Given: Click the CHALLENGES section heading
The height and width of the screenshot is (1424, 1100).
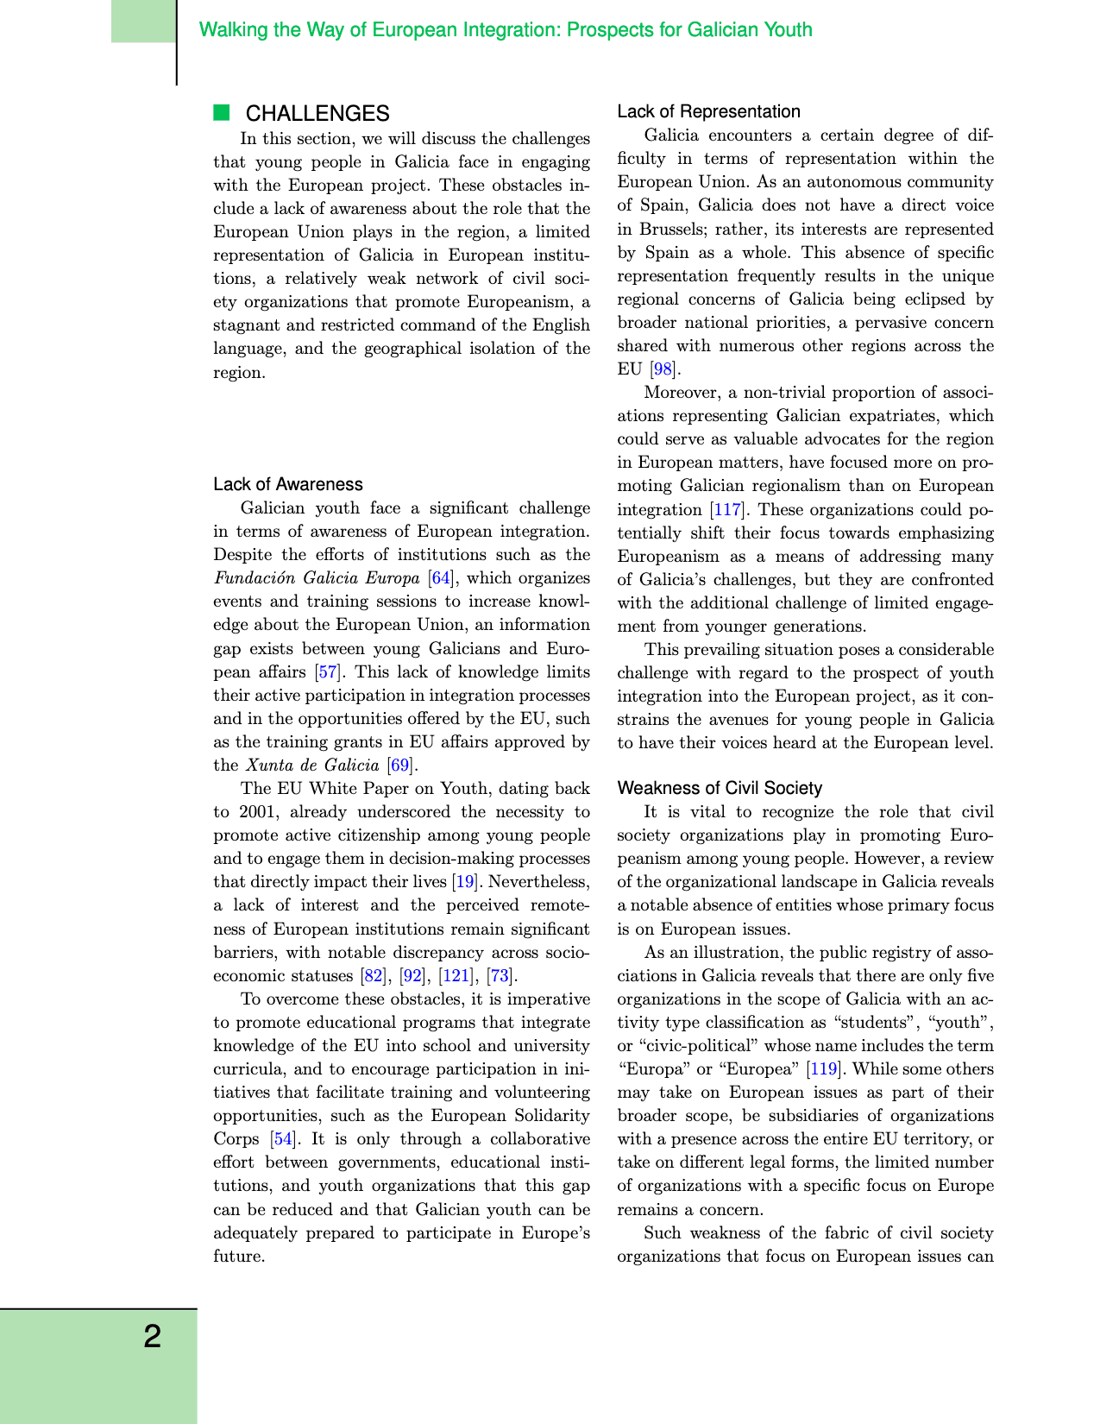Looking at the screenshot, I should click(317, 114).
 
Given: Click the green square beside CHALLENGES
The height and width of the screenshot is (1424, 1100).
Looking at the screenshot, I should click(222, 112).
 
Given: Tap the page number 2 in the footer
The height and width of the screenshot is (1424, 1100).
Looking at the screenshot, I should click(152, 1337).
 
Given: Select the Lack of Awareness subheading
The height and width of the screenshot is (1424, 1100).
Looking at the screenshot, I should click(288, 484).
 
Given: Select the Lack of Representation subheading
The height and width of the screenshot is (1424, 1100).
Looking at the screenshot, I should click(708, 111).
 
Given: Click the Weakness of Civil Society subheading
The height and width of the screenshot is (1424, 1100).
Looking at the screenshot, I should click(720, 788).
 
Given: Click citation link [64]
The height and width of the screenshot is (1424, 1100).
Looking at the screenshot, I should click(440, 578).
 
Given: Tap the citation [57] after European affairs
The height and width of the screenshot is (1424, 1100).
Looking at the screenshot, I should click(328, 671).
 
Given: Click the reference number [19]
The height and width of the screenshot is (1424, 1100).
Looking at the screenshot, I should click(465, 882).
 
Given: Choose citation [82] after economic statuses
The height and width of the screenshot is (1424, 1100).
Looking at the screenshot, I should click(373, 976).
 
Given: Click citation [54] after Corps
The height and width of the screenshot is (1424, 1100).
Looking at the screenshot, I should click(283, 1139).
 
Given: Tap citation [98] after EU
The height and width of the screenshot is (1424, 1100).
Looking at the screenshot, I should click(663, 369).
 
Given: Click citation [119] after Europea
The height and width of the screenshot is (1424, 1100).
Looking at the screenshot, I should click(823, 1069).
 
